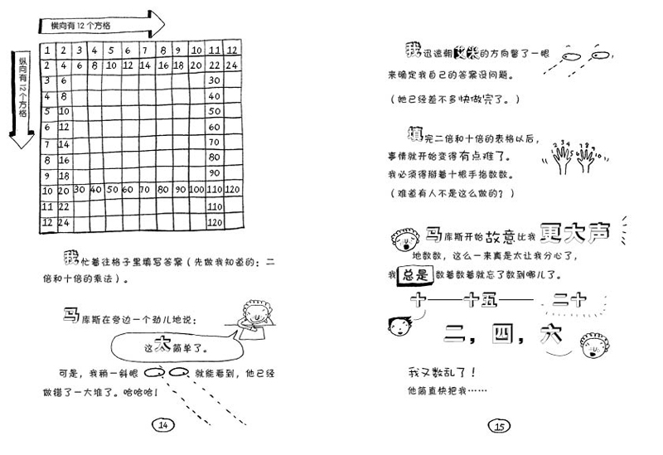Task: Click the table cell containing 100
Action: click(x=197, y=190)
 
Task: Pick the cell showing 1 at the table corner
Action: click(x=48, y=50)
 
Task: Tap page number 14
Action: click(x=163, y=425)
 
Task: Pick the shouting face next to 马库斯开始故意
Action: click(x=404, y=240)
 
